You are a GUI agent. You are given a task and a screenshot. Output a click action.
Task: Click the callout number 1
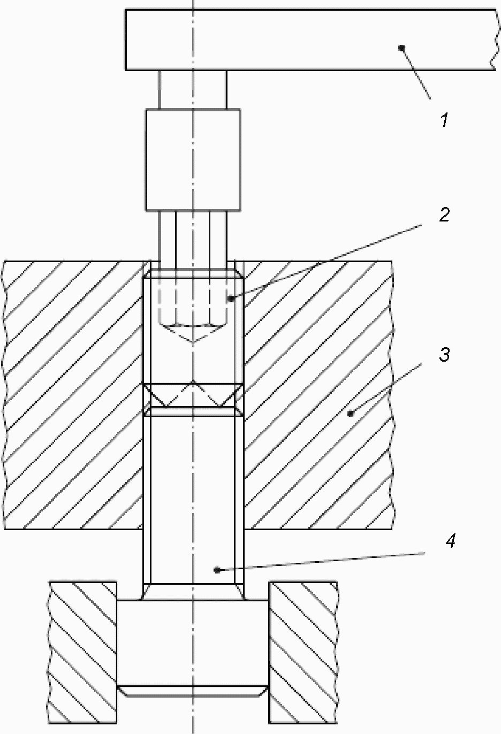coord(444,119)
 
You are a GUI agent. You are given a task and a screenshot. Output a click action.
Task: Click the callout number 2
coord(445,215)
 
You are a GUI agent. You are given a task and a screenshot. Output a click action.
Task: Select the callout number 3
coord(445,355)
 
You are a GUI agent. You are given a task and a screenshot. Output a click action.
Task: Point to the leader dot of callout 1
coord(401,48)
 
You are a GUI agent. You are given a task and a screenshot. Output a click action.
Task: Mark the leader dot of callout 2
coord(231,299)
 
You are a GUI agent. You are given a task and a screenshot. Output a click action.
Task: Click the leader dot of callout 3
coord(351,414)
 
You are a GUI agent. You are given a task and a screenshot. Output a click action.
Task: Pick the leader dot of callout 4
coord(217,570)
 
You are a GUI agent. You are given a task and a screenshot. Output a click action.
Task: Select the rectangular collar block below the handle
coord(193,159)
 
